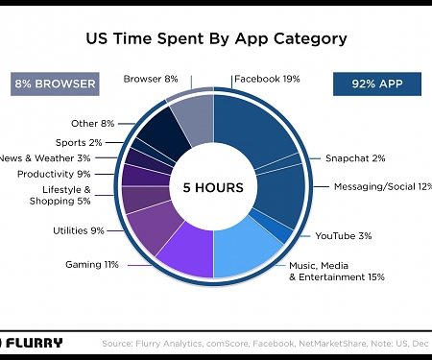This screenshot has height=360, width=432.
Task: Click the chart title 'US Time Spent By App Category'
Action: coord(216,39)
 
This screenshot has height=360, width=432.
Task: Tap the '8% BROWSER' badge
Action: coord(55,84)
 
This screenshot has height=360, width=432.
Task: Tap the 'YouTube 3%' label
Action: coord(343,235)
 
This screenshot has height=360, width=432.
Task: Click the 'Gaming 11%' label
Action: coord(91,263)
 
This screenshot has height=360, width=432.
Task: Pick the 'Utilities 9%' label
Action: coord(78,230)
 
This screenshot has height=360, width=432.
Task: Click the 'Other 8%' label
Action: coord(92,123)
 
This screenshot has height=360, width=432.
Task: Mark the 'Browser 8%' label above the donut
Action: coord(151,79)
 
